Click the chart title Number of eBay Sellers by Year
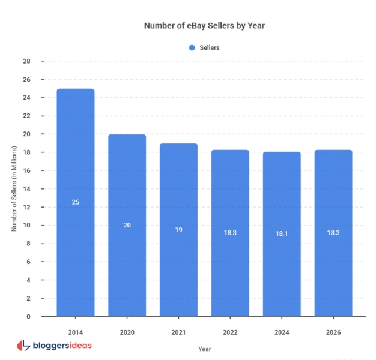click(204, 26)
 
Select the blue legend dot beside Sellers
click(192, 47)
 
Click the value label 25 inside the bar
click(76, 202)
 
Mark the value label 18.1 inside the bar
click(282, 233)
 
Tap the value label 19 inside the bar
click(178, 230)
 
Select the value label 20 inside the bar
click(127, 225)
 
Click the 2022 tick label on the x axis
click(230, 331)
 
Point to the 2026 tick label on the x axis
click(333, 331)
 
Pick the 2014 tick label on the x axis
click(76, 331)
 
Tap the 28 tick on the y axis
click(26, 61)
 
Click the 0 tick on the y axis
click(28, 316)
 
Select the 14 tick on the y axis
click(26, 189)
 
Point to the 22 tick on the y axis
click(26, 116)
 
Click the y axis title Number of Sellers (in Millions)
click(14, 189)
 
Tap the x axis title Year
click(205, 348)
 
